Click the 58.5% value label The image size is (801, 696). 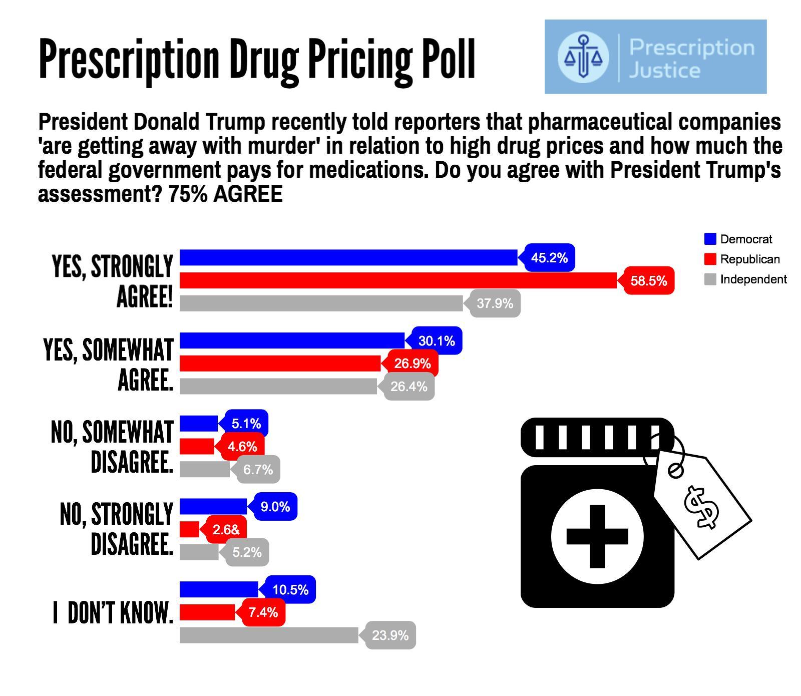(x=649, y=281)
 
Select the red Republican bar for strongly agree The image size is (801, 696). (x=398, y=281)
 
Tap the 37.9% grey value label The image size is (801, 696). (x=495, y=303)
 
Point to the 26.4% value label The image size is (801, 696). (x=409, y=387)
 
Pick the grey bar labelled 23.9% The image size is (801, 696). (x=269, y=635)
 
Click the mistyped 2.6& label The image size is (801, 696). (x=226, y=529)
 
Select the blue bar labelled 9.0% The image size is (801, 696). (x=213, y=507)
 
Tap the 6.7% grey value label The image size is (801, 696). (x=258, y=470)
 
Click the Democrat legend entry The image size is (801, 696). (x=738, y=239)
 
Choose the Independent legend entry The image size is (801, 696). (x=745, y=279)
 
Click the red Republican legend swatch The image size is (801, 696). (x=710, y=259)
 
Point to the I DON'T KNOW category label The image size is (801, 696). (x=113, y=613)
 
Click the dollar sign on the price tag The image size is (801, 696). (x=701, y=507)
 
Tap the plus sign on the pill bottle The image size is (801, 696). (x=597, y=536)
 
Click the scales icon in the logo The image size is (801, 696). (x=583, y=57)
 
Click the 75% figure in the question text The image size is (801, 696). (x=188, y=194)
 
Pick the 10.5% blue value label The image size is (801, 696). (x=290, y=590)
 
